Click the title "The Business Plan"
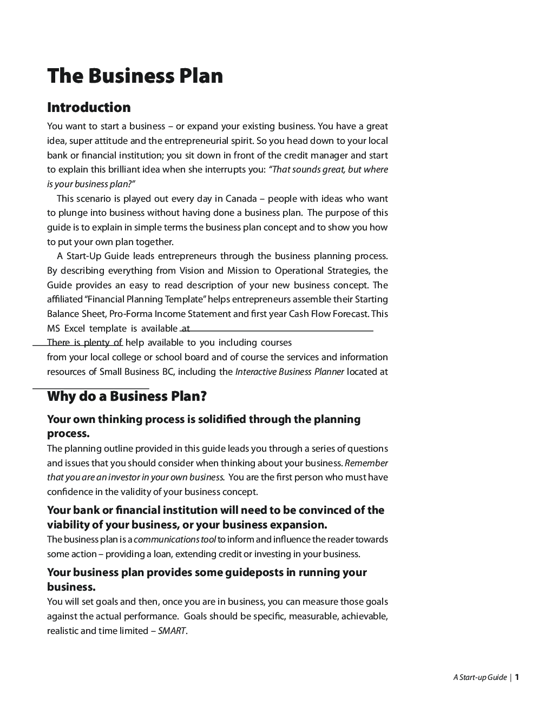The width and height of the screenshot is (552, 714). coord(135,76)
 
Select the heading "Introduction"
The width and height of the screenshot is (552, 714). coord(89,108)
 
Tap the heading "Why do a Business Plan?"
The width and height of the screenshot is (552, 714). coord(127,396)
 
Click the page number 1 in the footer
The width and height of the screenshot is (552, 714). coord(517,677)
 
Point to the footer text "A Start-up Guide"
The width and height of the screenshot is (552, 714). coord(479,677)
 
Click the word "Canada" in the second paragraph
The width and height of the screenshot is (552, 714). coord(241,199)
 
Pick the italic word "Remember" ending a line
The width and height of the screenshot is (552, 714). coord(366,463)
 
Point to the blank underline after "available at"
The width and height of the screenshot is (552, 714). coord(281,329)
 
